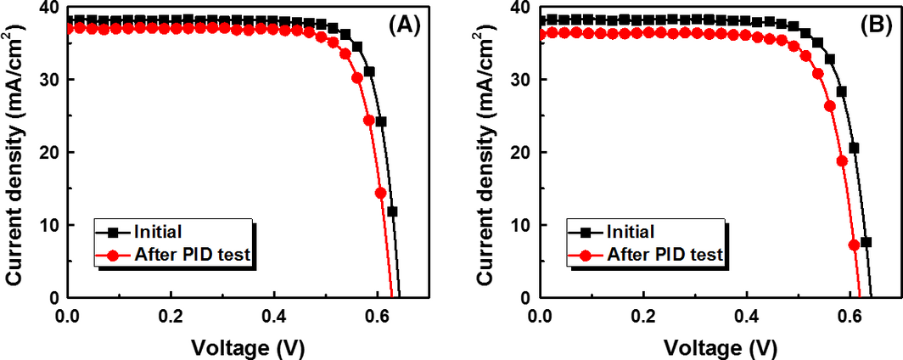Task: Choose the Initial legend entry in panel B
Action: [x=627, y=231]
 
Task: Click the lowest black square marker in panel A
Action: [x=392, y=211]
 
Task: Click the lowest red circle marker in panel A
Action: [x=381, y=193]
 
